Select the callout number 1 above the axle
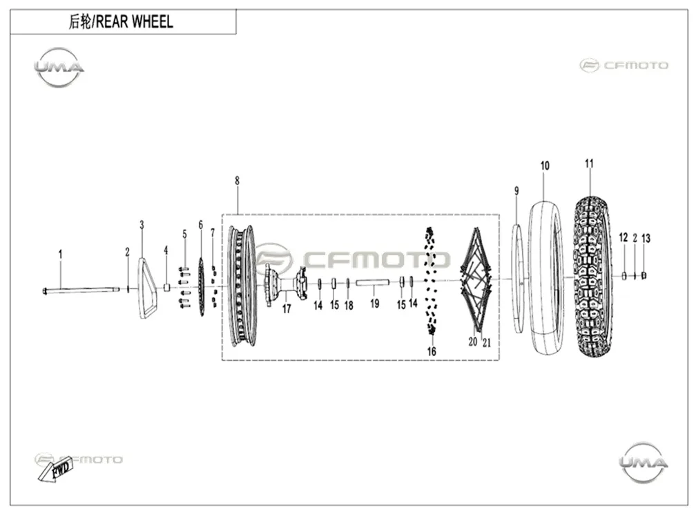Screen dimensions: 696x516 [61, 255]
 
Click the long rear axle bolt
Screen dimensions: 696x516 [81, 290]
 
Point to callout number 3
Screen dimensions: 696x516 [142, 225]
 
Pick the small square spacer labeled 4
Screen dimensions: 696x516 [167, 287]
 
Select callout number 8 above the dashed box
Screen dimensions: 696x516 [237, 181]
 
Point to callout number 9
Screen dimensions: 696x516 [516, 190]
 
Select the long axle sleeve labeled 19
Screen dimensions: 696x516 [372, 282]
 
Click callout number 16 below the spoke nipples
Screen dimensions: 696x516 [432, 351]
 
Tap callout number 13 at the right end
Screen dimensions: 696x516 [646, 238]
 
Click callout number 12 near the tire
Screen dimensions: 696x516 [623, 237]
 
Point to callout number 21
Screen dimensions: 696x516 [487, 342]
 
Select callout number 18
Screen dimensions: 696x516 [349, 305]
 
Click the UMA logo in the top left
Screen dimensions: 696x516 [59, 68]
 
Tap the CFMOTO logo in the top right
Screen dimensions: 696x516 [623, 66]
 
